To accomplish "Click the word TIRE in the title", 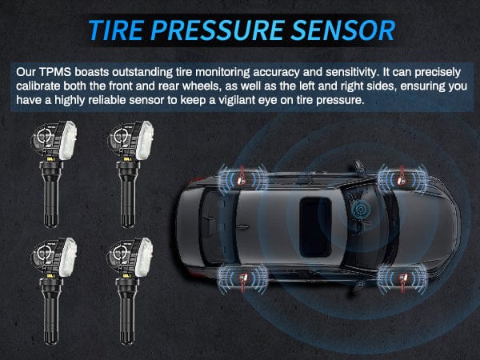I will pos(117,30).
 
